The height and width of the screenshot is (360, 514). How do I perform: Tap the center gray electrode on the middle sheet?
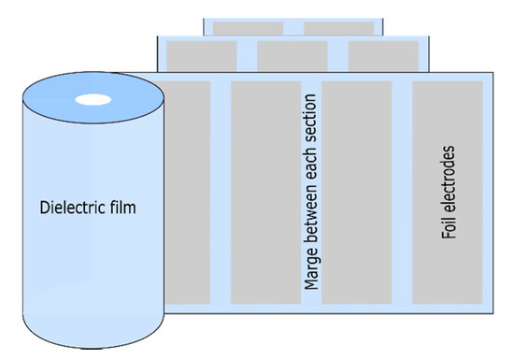pyautogui.click(x=293, y=54)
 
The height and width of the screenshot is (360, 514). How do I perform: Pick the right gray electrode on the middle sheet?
pyautogui.click(x=384, y=54)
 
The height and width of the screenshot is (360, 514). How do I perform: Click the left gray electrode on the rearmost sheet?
pyautogui.click(x=249, y=28)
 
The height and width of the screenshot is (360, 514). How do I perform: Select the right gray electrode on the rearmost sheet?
pyautogui.click(x=337, y=28)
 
